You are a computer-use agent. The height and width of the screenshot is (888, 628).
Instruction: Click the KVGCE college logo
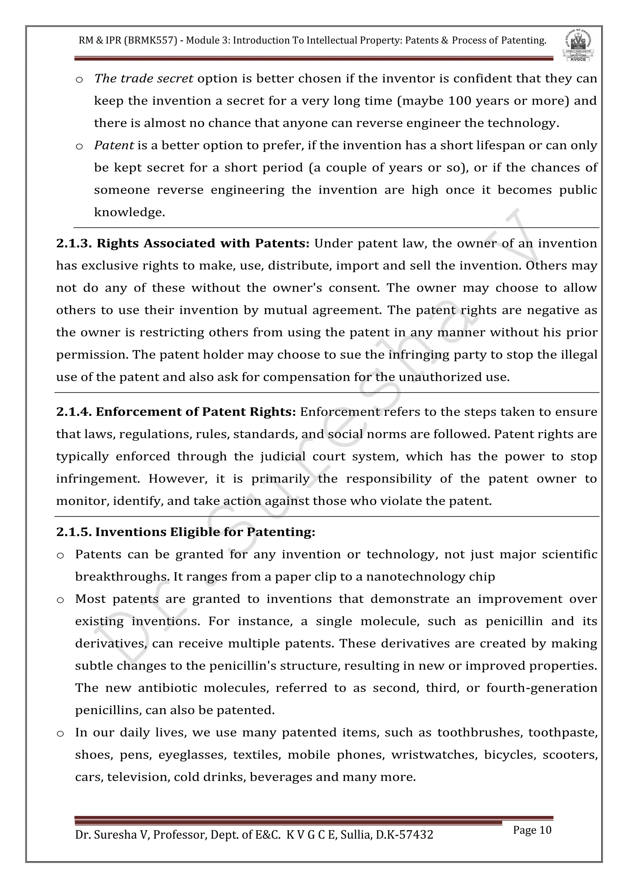pyautogui.click(x=578, y=46)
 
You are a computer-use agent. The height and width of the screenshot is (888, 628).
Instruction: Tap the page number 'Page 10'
pyautogui.click(x=532, y=830)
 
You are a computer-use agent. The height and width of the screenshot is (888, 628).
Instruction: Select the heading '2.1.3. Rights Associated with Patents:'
pyautogui.click(x=182, y=243)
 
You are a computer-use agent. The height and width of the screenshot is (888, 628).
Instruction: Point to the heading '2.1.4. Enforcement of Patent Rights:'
pyautogui.click(x=176, y=412)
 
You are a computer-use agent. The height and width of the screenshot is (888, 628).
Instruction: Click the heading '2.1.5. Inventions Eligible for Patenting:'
pyautogui.click(x=186, y=532)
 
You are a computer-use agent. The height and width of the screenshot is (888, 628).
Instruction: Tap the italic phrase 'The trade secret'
pyautogui.click(x=144, y=78)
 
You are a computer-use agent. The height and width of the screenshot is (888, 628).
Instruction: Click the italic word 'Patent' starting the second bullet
pyautogui.click(x=114, y=145)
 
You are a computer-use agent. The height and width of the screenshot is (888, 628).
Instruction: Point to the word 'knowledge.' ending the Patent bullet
pyautogui.click(x=129, y=212)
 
